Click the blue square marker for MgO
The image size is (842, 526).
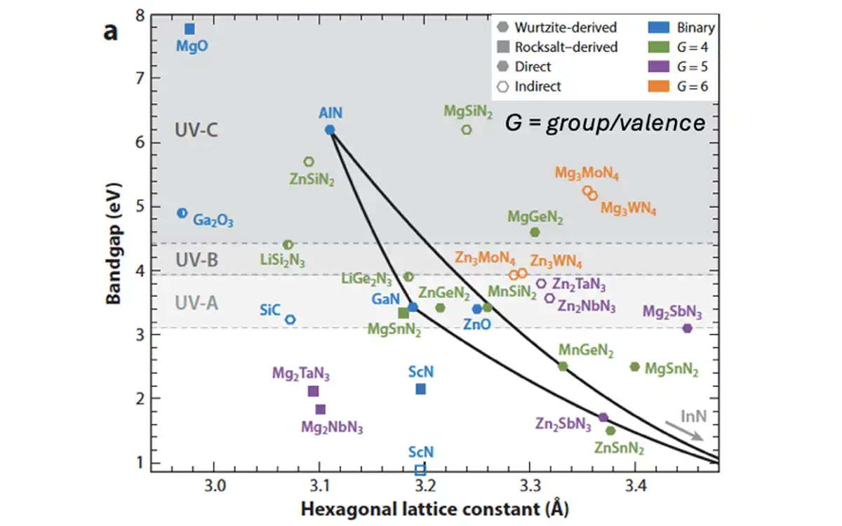point(189,29)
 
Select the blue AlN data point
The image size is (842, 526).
point(330,130)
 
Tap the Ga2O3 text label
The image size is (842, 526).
point(213,220)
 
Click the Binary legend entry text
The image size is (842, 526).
point(695,28)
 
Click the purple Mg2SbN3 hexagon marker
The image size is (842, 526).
point(687,328)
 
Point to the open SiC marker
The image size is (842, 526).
point(290,319)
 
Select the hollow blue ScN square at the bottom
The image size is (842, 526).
point(420,470)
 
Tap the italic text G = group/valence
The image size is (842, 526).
point(605,123)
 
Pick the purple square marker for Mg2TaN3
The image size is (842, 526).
point(314,391)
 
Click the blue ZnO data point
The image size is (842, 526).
point(477,309)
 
